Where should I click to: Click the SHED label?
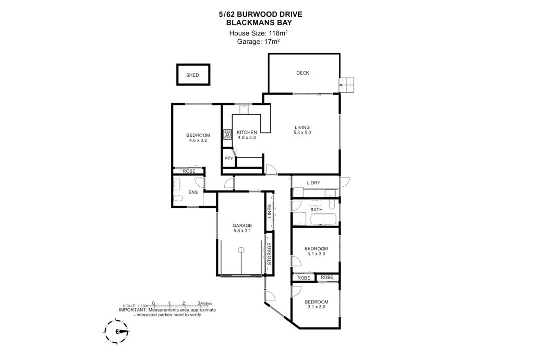pyautogui.click(x=192, y=75)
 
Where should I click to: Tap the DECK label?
pyautogui.click(x=303, y=73)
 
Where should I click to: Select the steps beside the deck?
pyautogui.click(x=347, y=85)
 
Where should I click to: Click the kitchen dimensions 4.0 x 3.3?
pyautogui.click(x=247, y=138)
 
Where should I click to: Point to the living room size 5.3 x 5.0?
pyautogui.click(x=302, y=133)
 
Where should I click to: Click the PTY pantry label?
pyautogui.click(x=229, y=159)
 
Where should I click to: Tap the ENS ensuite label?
pyautogui.click(x=193, y=192)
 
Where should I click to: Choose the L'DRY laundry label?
pyautogui.click(x=313, y=183)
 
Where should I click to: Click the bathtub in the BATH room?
pyautogui.click(x=323, y=219)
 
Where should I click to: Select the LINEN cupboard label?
pyautogui.click(x=270, y=211)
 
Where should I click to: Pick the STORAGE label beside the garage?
pyautogui.click(x=270, y=254)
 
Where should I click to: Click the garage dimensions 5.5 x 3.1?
pyautogui.click(x=242, y=231)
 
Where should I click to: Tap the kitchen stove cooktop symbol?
pyautogui.click(x=227, y=135)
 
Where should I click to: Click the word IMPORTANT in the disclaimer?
pyautogui.click(x=133, y=310)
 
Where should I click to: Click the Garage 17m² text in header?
pyautogui.click(x=259, y=42)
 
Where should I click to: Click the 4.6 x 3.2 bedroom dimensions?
pyautogui.click(x=198, y=140)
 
